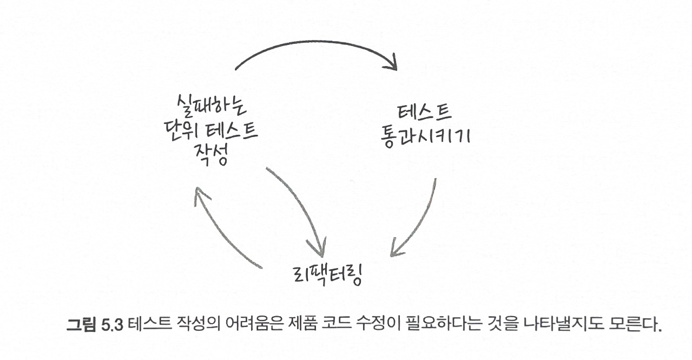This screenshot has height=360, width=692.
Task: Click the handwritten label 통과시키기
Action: (425, 135)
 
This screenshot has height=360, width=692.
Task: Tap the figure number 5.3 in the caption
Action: (113, 325)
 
